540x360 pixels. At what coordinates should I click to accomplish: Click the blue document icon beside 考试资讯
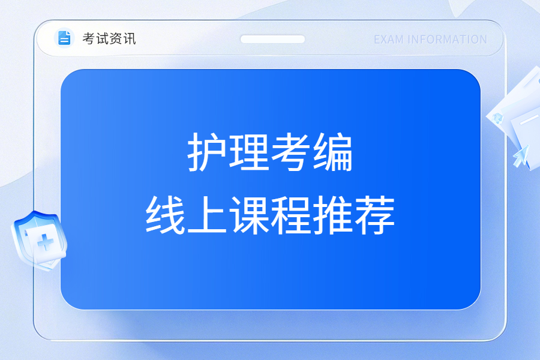(x=64, y=38)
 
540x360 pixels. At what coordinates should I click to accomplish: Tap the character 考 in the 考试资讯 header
(x=89, y=38)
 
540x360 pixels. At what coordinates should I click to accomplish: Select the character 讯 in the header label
(x=130, y=38)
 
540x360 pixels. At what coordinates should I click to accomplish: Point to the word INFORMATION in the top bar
(x=448, y=40)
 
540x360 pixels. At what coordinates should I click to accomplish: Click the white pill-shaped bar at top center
(x=272, y=39)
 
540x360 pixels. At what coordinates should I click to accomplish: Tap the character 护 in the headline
(x=206, y=152)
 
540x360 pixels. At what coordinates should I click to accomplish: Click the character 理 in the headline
(x=248, y=152)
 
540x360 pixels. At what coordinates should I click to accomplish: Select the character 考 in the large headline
(x=291, y=152)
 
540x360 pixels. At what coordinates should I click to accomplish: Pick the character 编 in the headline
(x=333, y=152)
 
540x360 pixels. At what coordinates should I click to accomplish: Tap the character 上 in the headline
(x=207, y=215)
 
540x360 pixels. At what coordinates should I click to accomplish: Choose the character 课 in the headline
(x=249, y=215)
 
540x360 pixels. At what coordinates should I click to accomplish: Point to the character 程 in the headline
(x=291, y=215)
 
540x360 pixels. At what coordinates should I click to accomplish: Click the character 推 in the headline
(x=333, y=215)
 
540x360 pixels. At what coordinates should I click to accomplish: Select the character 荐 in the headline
(x=375, y=215)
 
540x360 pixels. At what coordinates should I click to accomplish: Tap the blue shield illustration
(x=39, y=240)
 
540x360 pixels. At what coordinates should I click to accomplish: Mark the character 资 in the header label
(x=116, y=38)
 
